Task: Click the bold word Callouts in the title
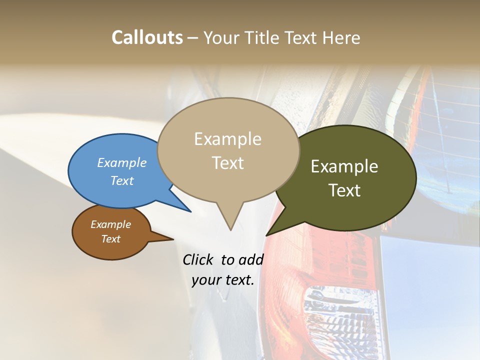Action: coord(147,37)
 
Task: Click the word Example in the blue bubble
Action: coord(122,162)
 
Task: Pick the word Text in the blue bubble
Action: coord(122,180)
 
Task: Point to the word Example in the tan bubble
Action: coord(227,139)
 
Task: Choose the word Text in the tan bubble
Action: coord(227,163)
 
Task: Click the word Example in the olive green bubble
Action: coord(344,166)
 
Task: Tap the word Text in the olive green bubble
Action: coord(344,190)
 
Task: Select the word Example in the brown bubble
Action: coord(110,224)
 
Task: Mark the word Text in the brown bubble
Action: coord(110,239)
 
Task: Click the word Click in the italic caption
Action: coord(198,259)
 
